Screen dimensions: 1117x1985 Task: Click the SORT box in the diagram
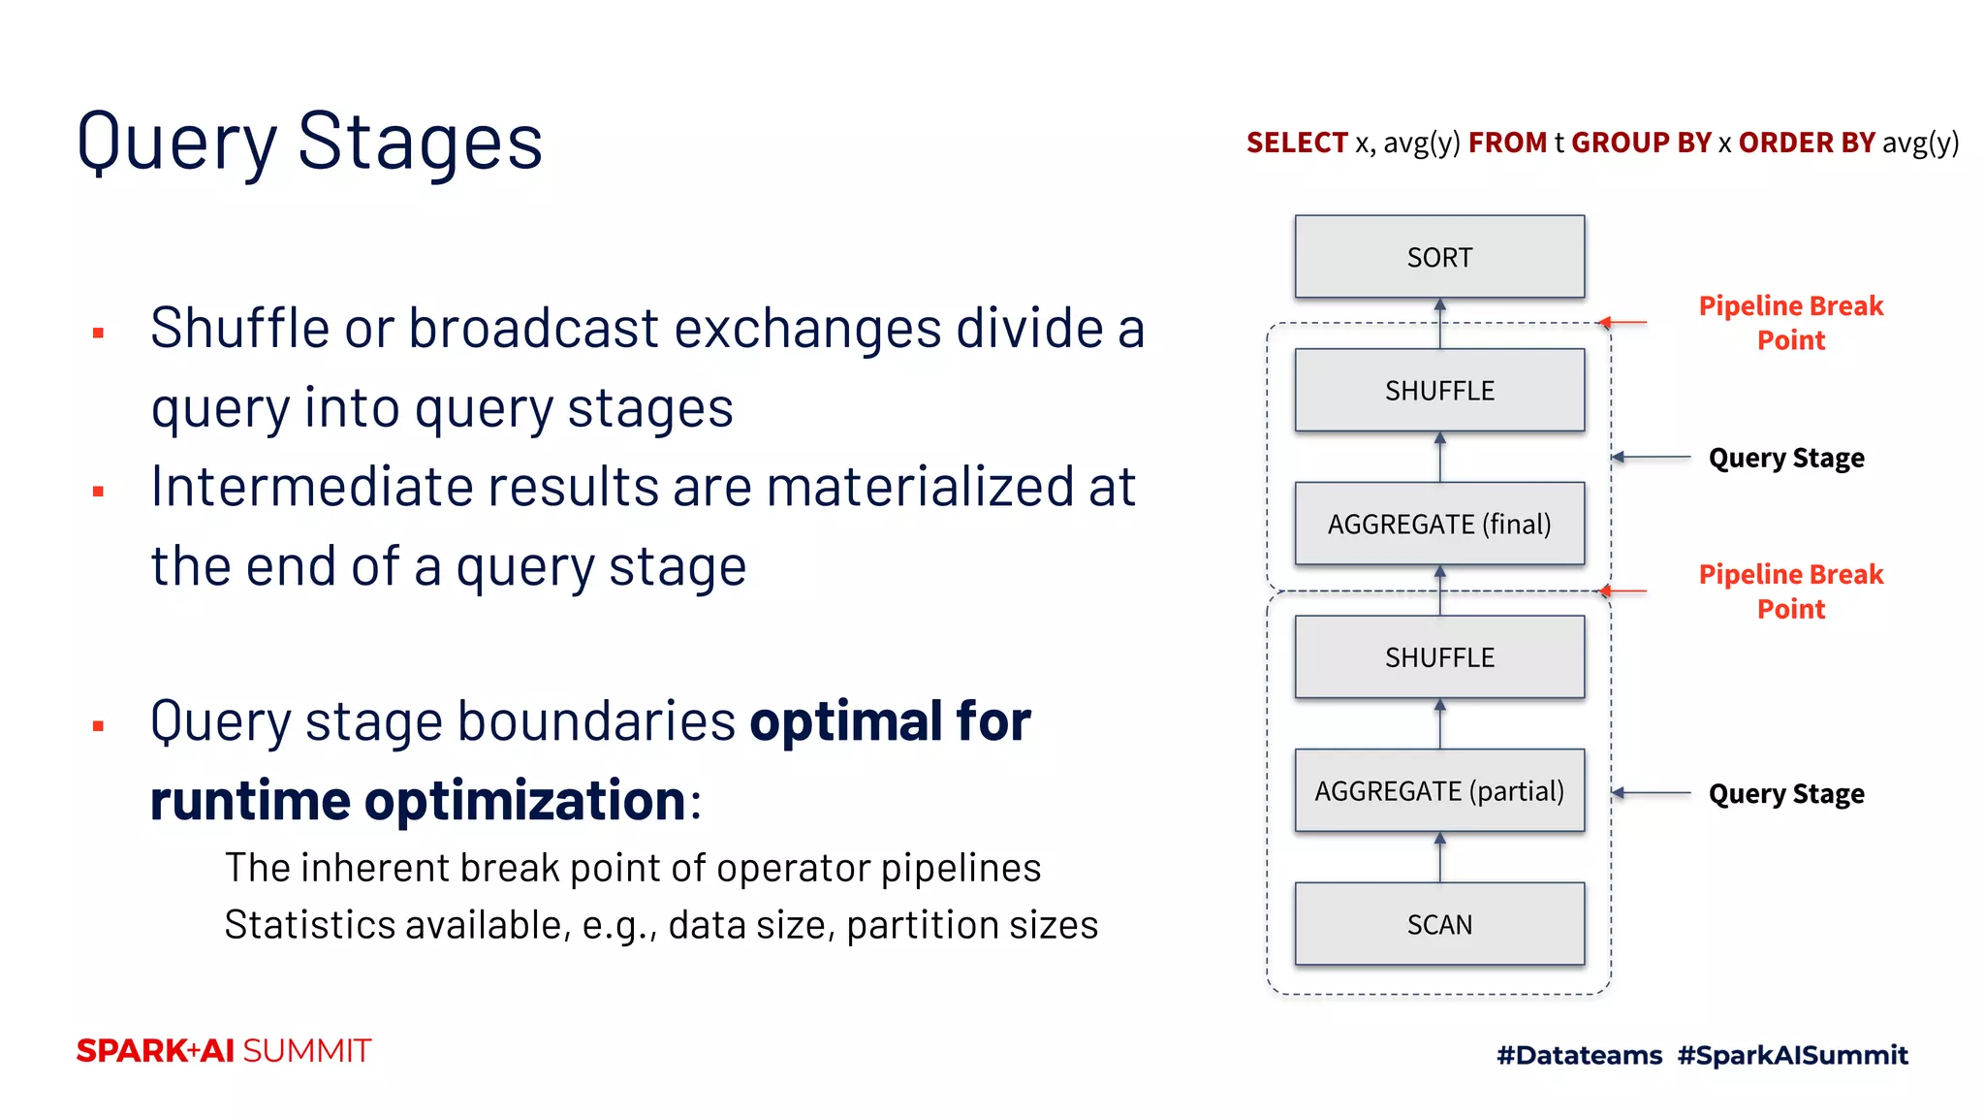coord(1439,257)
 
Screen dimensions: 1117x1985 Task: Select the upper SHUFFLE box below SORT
coord(1439,390)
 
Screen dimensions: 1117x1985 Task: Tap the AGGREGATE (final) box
coord(1439,524)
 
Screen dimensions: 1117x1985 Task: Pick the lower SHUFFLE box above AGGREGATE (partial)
coord(1439,656)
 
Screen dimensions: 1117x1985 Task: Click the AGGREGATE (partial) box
coord(1439,790)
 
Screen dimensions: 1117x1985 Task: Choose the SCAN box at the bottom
coord(1439,923)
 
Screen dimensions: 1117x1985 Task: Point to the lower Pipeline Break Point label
coord(1790,591)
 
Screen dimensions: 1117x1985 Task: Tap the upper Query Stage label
coord(1785,458)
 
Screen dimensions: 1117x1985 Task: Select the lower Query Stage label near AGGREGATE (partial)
coord(1785,794)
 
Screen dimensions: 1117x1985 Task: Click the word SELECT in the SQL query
coord(1297,143)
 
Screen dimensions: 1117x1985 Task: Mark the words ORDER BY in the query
coord(1806,143)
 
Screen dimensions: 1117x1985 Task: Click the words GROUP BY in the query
coord(1640,143)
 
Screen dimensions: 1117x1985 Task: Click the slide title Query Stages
coord(309,143)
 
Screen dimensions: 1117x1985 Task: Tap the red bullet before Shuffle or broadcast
coord(98,334)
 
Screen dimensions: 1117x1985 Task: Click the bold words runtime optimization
coord(419,801)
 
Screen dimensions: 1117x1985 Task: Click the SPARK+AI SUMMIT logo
coord(224,1051)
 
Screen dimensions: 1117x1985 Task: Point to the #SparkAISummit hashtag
coord(1792,1055)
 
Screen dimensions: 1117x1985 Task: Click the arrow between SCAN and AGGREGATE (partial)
coord(1439,857)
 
